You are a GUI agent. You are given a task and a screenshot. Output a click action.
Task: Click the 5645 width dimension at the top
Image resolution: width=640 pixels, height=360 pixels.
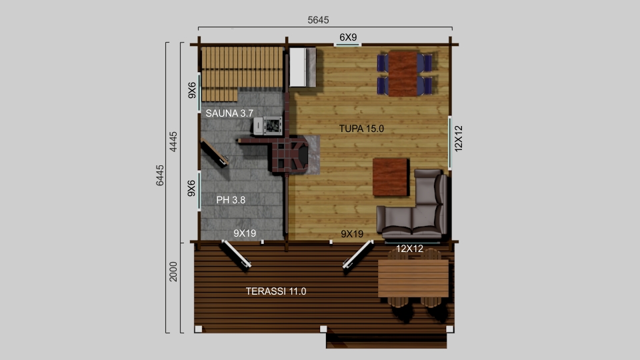point(318,19)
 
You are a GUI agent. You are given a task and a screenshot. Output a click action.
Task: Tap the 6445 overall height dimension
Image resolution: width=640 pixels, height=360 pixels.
point(159,175)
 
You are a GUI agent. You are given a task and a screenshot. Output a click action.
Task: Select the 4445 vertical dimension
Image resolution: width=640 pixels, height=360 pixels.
point(173,141)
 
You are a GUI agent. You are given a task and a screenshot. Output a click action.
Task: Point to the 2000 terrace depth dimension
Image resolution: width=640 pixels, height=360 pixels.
point(173,271)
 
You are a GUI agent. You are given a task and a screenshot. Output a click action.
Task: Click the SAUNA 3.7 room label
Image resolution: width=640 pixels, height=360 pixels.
point(229,113)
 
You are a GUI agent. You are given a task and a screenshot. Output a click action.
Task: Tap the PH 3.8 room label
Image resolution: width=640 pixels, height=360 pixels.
point(231,199)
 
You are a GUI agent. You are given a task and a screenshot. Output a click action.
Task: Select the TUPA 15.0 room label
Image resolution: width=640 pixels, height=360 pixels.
point(361,129)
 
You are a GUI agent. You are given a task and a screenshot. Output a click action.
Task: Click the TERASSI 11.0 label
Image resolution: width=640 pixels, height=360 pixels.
point(276,291)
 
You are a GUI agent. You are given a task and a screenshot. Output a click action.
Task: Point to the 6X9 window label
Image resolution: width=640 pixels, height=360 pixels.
point(348,37)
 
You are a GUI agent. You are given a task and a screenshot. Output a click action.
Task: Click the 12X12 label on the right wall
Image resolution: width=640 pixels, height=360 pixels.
point(459,139)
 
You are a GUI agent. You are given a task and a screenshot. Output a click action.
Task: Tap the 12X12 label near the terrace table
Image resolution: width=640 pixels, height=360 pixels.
point(409,249)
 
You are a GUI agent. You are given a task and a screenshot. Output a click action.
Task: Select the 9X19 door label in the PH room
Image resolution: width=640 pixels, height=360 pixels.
point(245,233)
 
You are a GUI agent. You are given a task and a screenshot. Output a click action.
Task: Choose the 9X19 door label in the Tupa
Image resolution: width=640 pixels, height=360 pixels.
point(352,234)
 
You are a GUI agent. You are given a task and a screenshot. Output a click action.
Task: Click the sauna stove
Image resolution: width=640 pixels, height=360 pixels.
point(268,126)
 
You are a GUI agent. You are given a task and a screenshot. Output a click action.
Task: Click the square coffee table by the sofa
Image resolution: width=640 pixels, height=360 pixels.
point(391,177)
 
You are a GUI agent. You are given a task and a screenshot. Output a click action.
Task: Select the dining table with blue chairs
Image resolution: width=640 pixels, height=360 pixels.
point(403,74)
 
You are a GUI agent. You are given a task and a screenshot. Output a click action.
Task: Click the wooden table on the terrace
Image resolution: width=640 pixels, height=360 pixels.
point(413,279)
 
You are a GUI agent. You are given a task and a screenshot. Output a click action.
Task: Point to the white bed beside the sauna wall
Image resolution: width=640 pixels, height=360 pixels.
point(303,67)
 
